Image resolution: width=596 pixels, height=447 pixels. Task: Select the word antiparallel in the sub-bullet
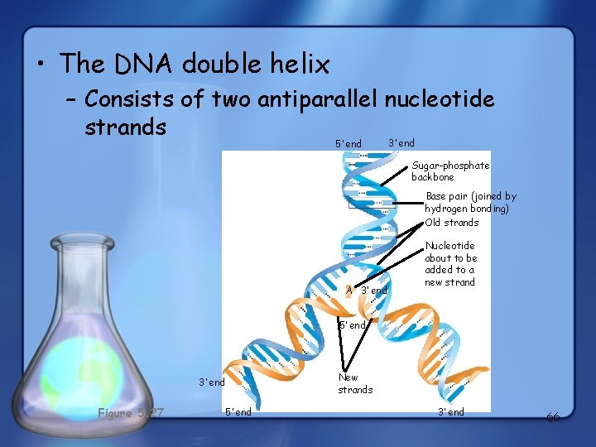319,100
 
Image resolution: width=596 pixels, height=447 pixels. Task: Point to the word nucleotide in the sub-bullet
440,100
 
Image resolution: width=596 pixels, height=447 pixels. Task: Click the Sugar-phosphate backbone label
450,171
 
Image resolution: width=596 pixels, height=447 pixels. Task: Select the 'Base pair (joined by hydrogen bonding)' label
469,203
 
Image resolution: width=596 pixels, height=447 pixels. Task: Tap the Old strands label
452,223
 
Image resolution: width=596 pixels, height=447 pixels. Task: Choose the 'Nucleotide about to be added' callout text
451,264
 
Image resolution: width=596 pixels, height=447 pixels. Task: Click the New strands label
355,383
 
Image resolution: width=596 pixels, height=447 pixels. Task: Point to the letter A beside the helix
349,291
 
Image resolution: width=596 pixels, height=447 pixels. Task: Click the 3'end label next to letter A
374,291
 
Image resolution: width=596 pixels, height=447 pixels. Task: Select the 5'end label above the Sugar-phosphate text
348,144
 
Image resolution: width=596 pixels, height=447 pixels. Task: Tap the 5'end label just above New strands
353,325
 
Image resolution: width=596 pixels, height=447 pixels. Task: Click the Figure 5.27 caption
131,412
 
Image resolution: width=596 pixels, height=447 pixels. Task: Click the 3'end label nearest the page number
451,412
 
